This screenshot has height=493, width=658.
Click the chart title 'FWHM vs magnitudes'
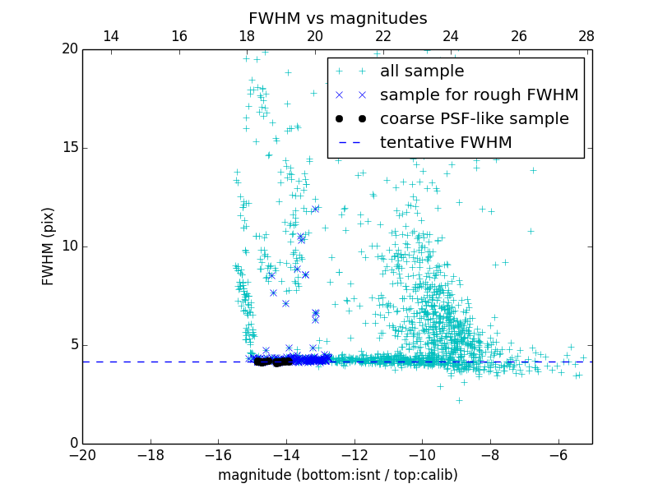(x=337, y=18)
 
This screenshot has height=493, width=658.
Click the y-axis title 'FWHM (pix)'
(x=49, y=246)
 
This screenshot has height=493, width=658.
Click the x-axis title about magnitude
(x=337, y=475)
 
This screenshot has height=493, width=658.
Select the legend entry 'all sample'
(x=421, y=71)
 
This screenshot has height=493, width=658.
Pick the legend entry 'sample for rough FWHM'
(x=479, y=95)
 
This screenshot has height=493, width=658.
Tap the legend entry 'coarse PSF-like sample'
(x=474, y=119)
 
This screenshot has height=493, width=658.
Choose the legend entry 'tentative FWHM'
(x=445, y=143)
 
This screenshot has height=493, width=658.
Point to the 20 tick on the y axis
(x=69, y=49)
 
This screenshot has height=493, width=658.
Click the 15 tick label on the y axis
(x=69, y=148)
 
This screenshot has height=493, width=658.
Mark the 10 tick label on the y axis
(x=69, y=246)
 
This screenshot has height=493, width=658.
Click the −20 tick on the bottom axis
(x=82, y=455)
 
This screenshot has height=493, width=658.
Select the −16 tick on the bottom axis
(x=218, y=455)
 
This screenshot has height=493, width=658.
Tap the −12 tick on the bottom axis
(x=354, y=455)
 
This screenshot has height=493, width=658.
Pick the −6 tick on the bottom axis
(x=558, y=455)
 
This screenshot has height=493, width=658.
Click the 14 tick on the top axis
(x=110, y=36)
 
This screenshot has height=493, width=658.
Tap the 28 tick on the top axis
(x=586, y=36)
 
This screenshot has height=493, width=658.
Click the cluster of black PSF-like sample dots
(x=271, y=362)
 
